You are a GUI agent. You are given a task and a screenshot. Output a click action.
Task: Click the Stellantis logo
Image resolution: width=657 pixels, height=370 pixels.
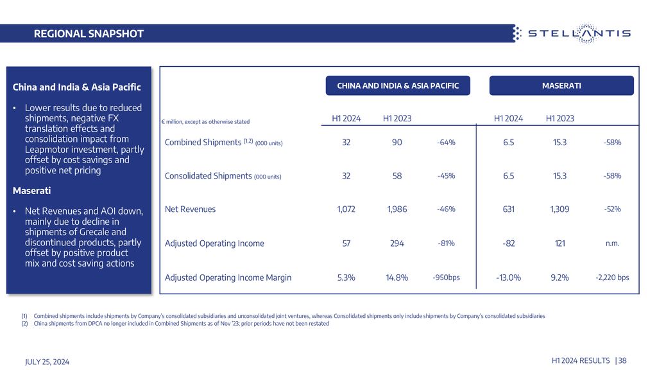pos(572,33)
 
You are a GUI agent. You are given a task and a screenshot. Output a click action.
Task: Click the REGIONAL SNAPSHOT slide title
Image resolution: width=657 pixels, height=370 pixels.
pos(89,33)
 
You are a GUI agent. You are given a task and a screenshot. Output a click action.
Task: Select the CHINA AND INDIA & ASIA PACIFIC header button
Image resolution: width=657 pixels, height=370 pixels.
pos(398,85)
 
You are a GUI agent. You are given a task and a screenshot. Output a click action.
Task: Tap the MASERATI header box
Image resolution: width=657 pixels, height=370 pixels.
pos(561,85)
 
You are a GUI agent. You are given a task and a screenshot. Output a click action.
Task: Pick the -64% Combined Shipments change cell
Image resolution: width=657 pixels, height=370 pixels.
pos(446,142)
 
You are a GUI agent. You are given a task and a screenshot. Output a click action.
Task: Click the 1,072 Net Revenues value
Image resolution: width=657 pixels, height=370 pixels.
pos(346,209)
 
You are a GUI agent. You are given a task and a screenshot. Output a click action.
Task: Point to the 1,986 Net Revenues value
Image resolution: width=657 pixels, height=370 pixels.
pos(397,209)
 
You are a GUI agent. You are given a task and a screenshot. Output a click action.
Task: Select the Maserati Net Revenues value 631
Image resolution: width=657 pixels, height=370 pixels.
pos(508,209)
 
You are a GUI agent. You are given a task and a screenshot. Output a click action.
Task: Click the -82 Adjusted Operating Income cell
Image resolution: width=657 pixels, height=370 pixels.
pos(508,243)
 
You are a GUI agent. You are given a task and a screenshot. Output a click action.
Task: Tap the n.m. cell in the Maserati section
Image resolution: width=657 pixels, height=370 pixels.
pos(612,243)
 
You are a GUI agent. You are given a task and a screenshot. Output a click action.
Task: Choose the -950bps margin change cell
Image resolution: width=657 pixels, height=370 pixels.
pos(446,277)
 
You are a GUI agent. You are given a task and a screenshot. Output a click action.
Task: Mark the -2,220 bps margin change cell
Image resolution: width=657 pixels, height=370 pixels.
pos(612,277)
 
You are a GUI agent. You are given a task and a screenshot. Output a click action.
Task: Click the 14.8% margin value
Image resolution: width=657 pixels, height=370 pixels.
pos(397,277)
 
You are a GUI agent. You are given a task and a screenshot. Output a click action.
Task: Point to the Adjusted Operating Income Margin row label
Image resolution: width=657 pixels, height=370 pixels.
pos(228,277)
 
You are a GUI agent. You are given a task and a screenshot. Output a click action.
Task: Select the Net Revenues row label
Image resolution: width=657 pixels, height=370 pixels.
pos(190,209)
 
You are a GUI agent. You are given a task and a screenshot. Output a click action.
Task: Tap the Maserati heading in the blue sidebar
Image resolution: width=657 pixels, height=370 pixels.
pos(31,190)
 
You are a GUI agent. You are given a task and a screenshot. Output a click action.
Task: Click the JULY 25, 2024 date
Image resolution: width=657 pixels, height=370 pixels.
pos(47,362)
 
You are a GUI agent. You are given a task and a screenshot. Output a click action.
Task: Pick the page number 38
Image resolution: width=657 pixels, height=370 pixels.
pos(622,360)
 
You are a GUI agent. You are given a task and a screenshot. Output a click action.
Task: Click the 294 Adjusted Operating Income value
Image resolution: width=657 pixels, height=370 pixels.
pos(397,243)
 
